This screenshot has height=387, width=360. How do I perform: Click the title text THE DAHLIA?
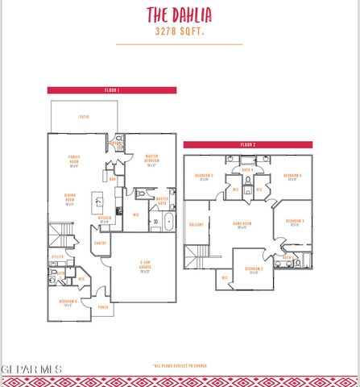(x=179, y=15)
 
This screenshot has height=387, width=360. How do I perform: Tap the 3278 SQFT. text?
(x=179, y=33)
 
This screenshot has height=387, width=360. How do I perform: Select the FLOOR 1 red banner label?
(x=112, y=90)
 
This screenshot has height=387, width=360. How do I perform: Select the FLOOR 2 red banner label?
(x=247, y=144)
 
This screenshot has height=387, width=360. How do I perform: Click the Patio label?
(x=84, y=117)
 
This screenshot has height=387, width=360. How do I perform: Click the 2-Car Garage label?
(x=145, y=268)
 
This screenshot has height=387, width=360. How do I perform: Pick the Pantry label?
(x=101, y=242)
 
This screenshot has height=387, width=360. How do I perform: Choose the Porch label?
(x=103, y=307)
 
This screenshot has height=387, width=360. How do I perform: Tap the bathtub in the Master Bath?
(x=168, y=221)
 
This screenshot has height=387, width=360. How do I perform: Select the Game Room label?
(x=241, y=225)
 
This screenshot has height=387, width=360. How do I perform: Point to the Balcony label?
(x=196, y=224)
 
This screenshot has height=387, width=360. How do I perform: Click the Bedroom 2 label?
(x=254, y=269)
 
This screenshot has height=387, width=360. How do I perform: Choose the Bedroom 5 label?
(x=204, y=177)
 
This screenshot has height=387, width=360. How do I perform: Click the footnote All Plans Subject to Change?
(x=179, y=365)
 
